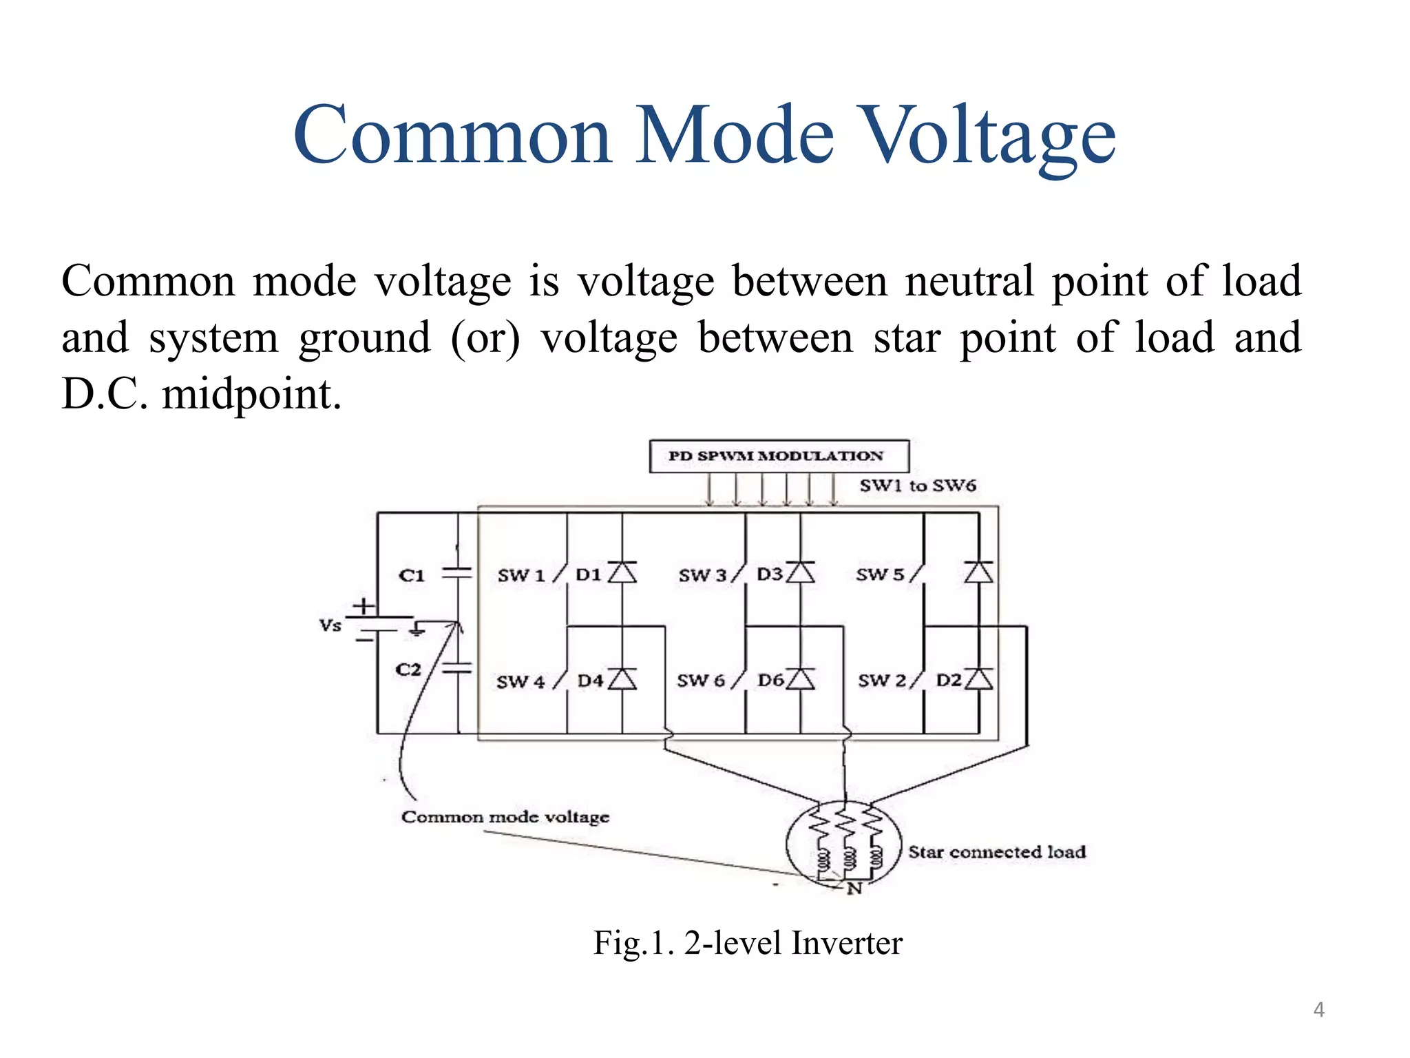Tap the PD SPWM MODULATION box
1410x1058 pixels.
pos(779,456)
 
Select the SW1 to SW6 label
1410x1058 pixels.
pos(917,486)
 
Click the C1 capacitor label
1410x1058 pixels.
pos(412,575)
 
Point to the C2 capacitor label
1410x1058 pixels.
pos(408,670)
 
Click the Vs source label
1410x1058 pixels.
pos(330,625)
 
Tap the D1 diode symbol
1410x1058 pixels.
pos(622,572)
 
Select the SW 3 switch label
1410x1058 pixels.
pos(702,575)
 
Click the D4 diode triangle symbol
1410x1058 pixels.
pos(622,680)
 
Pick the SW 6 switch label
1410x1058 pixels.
pos(701,681)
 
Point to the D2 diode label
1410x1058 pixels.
pos(949,681)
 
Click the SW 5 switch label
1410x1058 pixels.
pos(880,574)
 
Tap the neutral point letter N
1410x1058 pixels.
pos(854,889)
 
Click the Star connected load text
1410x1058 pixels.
pos(997,852)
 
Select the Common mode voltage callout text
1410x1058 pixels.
pos(505,817)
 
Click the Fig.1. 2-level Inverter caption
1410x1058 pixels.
pos(748,943)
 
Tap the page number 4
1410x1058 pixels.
pos(1318,1010)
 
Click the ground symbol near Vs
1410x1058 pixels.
pos(417,630)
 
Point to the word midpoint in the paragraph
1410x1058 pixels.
pos(251,395)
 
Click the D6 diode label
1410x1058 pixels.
pos(771,681)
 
